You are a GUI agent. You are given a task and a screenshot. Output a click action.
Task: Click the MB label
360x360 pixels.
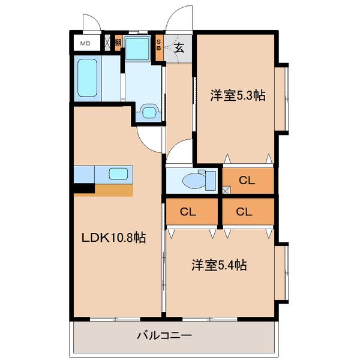(86, 43)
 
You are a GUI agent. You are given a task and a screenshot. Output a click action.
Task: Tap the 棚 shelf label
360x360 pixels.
(118, 43)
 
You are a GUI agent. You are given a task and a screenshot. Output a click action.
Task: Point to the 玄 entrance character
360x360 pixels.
(178, 48)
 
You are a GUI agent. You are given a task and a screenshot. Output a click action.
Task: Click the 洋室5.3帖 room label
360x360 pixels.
(238, 95)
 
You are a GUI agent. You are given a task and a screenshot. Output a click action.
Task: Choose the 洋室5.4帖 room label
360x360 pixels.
(220, 264)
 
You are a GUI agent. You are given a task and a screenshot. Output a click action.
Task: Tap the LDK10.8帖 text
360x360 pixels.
(114, 238)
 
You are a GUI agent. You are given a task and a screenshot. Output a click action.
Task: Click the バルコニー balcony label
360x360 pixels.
(164, 335)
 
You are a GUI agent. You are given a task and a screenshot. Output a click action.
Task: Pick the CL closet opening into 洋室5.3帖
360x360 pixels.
(247, 180)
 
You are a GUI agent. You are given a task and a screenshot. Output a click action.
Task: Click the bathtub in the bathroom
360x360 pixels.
(88, 79)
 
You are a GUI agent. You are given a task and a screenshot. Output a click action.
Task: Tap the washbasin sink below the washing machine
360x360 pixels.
(149, 112)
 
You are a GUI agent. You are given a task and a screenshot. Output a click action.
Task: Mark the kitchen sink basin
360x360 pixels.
(118, 175)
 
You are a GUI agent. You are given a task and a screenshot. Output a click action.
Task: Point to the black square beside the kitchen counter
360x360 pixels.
(84, 188)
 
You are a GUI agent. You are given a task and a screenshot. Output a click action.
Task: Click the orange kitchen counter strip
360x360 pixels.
(113, 190)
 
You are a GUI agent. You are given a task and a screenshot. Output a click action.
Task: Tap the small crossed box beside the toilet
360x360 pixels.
(225, 190)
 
